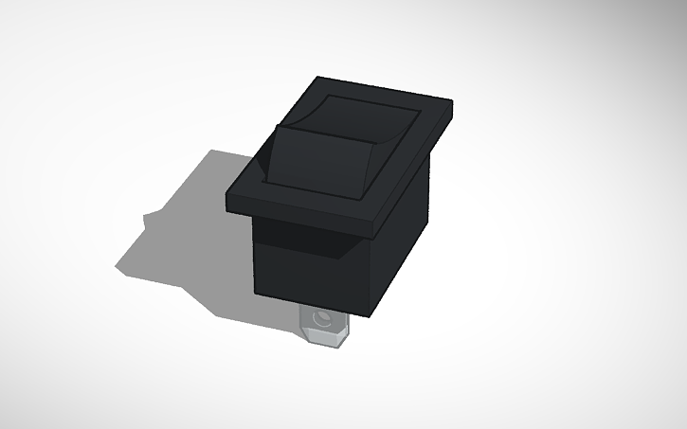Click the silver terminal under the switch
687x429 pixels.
(x=322, y=328)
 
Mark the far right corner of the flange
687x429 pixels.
(x=454, y=102)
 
